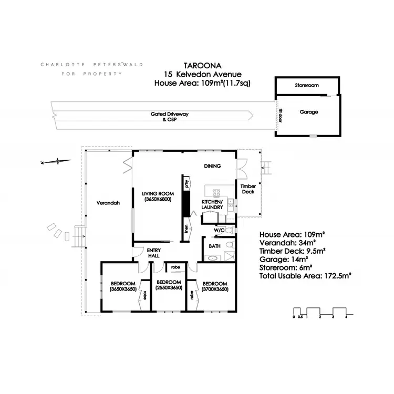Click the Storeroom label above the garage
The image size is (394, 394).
307,85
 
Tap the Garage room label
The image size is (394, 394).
309,112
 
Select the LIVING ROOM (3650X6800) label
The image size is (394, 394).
157,196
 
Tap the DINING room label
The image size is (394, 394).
212,166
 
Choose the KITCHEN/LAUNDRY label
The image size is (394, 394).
212,204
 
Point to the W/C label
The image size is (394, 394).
219,231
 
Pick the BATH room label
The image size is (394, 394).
214,246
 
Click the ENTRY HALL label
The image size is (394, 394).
153,253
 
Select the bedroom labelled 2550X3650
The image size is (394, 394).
169,285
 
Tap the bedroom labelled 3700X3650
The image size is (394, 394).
215,285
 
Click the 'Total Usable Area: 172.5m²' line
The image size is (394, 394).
305,274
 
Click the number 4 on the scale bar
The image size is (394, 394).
346,317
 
